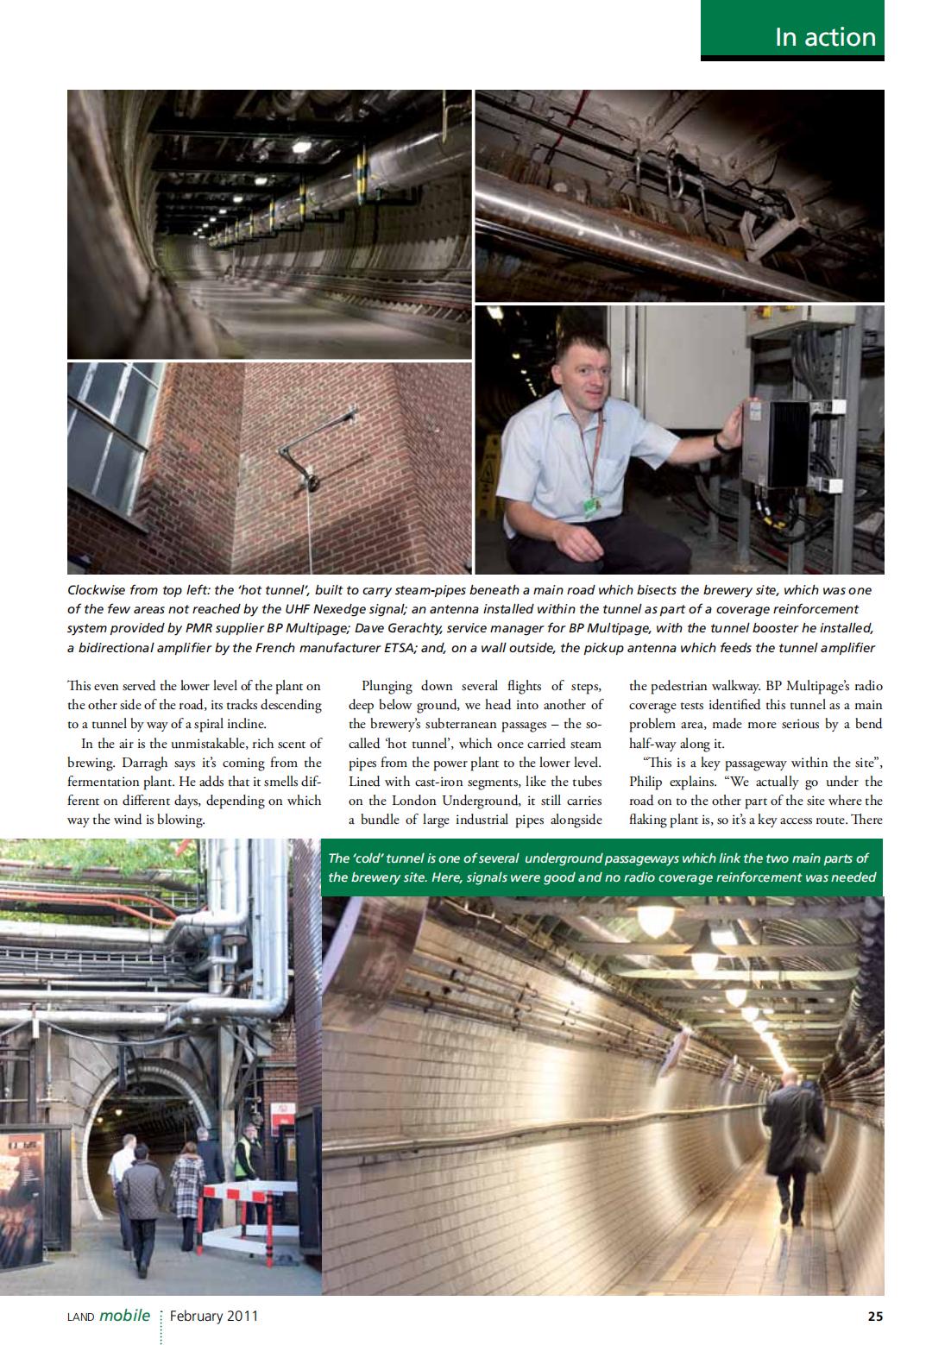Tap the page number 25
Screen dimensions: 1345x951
(x=874, y=1316)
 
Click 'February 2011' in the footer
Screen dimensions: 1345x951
(x=213, y=1316)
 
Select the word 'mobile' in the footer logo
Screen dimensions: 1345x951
(x=124, y=1316)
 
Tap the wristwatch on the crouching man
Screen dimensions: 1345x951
(x=718, y=443)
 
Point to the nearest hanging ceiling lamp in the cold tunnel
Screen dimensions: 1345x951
(x=656, y=918)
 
